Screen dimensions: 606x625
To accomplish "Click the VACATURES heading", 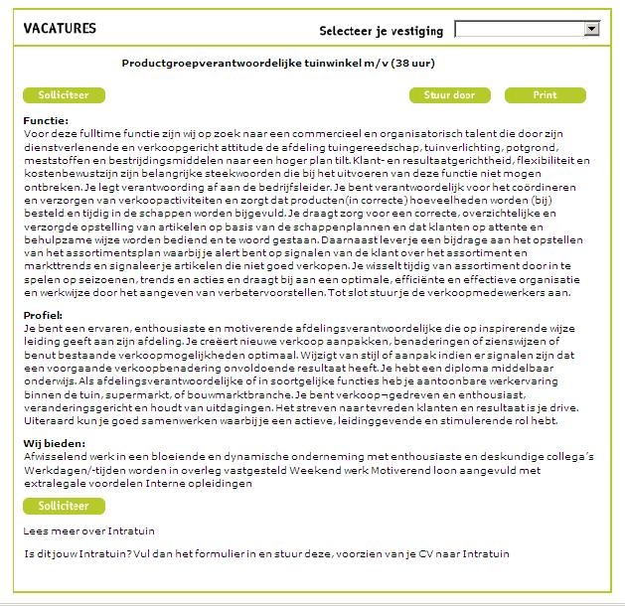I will coord(60,28).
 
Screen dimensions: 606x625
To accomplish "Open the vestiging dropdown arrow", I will coord(592,29).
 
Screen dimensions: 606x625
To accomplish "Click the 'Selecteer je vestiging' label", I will coord(381,30).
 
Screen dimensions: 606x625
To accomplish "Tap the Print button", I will coord(545,95).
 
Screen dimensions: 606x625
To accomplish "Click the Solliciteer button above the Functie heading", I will coord(64,95).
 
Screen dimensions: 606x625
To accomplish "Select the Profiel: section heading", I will coord(43,315).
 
